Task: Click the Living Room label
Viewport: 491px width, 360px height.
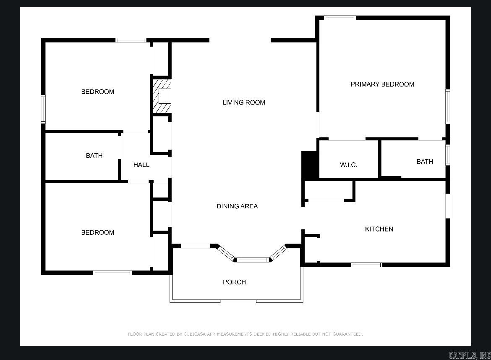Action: click(243, 102)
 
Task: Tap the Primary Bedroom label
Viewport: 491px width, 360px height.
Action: click(382, 84)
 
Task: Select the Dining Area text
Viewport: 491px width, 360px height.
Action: click(237, 206)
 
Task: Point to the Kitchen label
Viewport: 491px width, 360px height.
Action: click(379, 229)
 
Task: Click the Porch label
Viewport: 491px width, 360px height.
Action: click(234, 282)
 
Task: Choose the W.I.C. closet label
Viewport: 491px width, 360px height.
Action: click(348, 165)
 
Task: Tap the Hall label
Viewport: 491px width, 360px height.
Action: click(141, 165)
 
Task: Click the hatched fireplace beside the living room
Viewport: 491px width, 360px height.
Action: click(162, 96)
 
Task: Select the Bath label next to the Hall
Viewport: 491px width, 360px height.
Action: click(94, 156)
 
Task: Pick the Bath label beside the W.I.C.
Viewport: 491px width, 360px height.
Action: click(425, 162)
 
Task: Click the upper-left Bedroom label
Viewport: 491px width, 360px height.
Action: click(97, 92)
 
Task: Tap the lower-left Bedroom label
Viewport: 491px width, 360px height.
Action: click(97, 233)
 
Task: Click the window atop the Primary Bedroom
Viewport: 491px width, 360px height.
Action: click(340, 18)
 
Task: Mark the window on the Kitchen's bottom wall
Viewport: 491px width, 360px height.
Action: click(366, 265)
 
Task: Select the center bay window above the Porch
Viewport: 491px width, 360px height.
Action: click(253, 260)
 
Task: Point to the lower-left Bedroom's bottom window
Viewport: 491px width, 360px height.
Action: click(112, 273)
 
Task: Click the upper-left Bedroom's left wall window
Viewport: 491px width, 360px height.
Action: click(43, 109)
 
